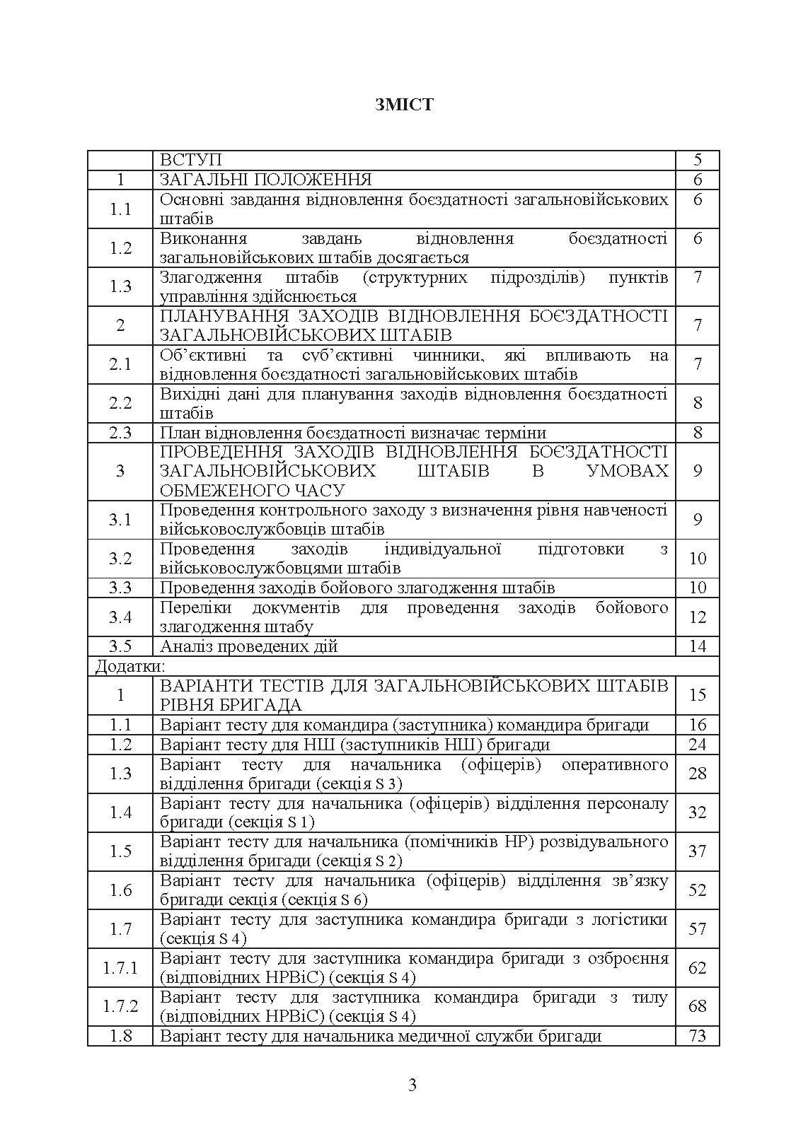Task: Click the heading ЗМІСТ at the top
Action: pos(404,105)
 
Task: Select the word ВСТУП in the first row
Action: pos(190,161)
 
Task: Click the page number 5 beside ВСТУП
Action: pos(698,161)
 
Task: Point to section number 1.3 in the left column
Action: pos(120,286)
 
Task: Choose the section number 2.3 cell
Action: pos(120,433)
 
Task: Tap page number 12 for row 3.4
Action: pos(698,617)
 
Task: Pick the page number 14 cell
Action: pos(698,646)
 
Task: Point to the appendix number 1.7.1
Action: pos(120,968)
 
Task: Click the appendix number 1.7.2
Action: pos(120,1006)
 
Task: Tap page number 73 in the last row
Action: pos(698,1037)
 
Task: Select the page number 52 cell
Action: pos(698,890)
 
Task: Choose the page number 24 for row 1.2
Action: pos(698,745)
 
